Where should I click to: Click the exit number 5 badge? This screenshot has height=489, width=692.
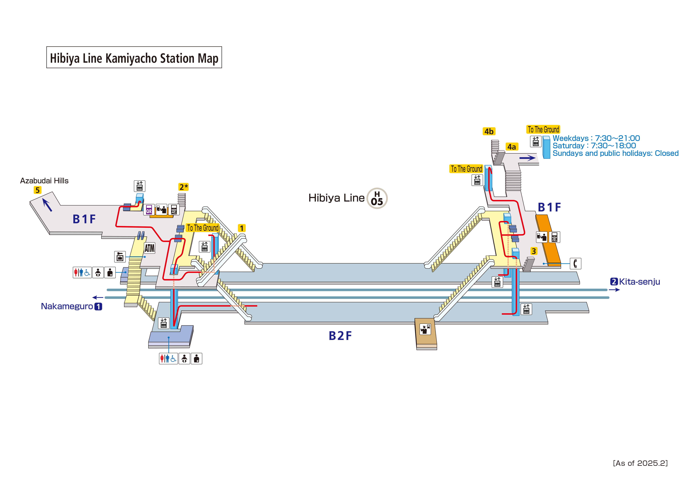[37, 190]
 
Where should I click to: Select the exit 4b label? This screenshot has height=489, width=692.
[489, 131]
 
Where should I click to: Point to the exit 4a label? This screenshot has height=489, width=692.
[512, 147]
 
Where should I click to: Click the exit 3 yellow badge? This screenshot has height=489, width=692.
[534, 251]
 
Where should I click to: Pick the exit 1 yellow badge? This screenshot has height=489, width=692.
[242, 228]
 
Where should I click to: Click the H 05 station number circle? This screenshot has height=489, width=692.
[377, 198]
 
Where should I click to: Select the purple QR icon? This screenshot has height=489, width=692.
[149, 209]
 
